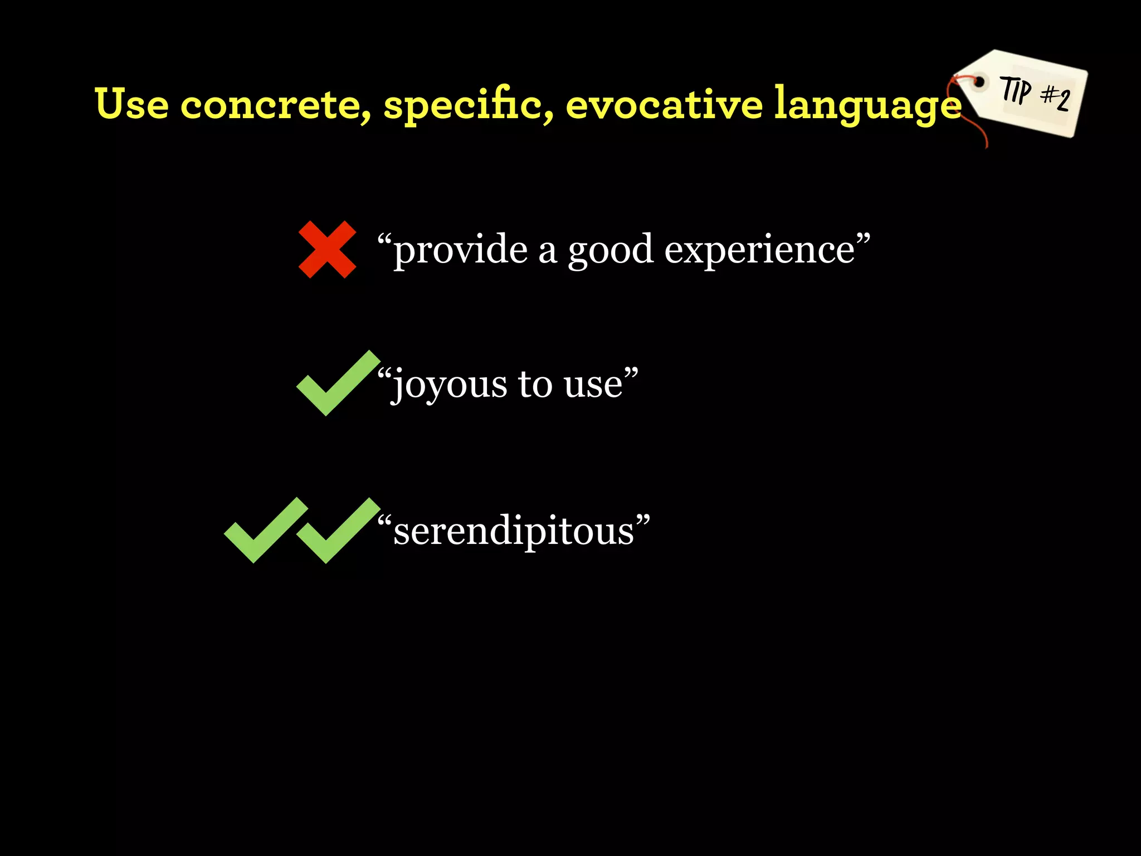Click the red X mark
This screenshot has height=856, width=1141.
pos(327,249)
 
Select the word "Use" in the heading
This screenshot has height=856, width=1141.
pos(131,104)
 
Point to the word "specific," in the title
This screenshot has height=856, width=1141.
pos(468,105)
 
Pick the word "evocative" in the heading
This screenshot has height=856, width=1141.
pos(664,105)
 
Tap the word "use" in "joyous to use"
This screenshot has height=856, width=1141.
pos(593,385)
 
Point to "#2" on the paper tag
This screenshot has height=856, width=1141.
pos(1056,98)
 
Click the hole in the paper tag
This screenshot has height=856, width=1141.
pos(979,83)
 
